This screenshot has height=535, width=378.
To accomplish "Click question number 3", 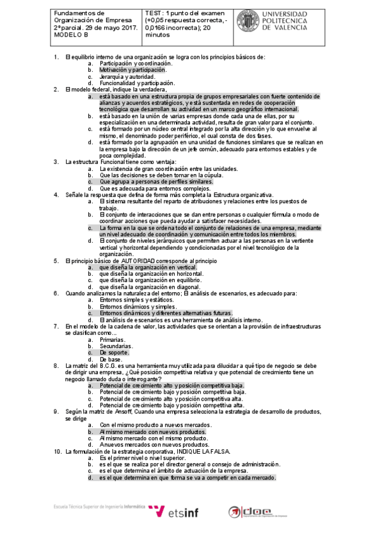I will point(56,162).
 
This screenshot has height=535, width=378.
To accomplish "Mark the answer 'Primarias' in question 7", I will point(112,339).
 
